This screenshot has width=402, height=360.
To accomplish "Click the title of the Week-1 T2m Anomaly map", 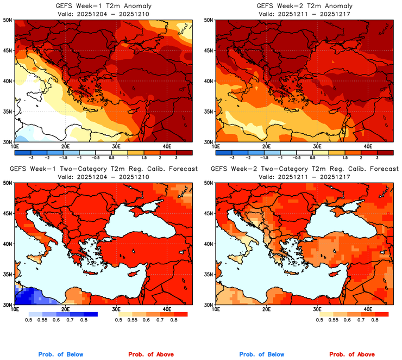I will coord(103,5).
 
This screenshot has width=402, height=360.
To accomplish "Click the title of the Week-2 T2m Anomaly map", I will coord(304,5).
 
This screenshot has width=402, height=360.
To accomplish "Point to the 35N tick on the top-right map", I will coord(209,111).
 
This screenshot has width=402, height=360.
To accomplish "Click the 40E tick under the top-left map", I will coord(167,147).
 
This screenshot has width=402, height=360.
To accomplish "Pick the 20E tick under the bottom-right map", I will coord(266,309).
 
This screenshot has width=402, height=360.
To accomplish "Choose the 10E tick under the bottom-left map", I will coord(15,309).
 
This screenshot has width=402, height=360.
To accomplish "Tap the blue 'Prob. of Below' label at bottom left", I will coord(60,355).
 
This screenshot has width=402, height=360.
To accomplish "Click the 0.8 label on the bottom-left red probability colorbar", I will coord(175,321).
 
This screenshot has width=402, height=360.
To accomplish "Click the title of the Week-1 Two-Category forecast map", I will coord(103,169).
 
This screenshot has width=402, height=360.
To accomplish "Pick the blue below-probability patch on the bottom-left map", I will coord(30,296).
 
